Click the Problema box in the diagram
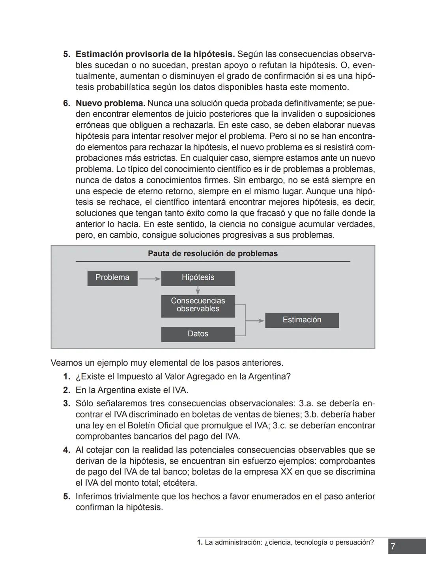(x=112, y=278)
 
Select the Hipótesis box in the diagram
(x=198, y=278)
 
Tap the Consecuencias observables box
(x=198, y=305)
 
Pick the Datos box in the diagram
(x=198, y=334)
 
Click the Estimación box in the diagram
(x=302, y=320)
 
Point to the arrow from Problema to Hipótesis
(x=149, y=279)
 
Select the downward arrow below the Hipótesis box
(x=198, y=290)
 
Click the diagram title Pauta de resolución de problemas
(x=213, y=254)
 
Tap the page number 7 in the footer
(x=393, y=547)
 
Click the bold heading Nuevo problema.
(x=110, y=103)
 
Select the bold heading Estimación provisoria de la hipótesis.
(x=155, y=54)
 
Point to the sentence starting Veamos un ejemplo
(x=167, y=363)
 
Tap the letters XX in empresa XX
(x=286, y=472)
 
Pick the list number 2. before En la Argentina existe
(x=67, y=390)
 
